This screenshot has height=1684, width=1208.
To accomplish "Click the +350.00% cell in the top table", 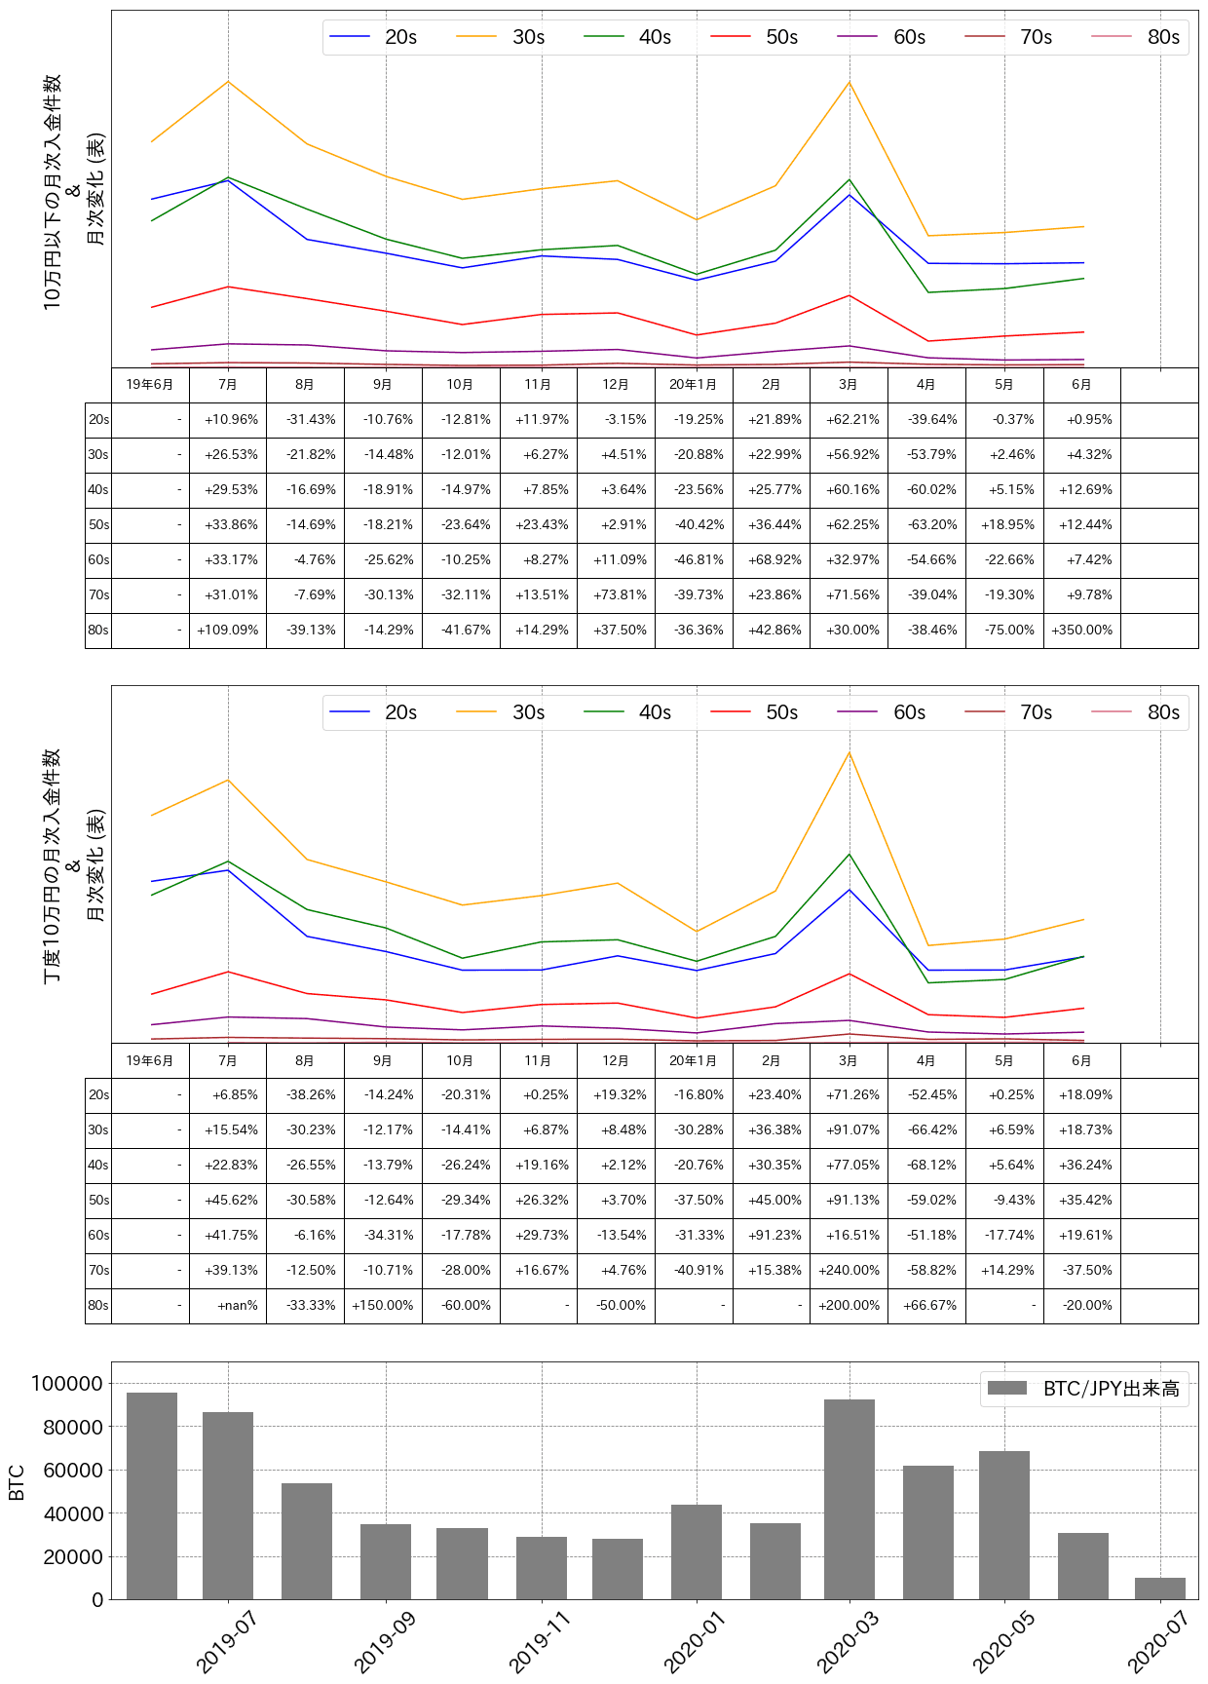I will [1081, 631].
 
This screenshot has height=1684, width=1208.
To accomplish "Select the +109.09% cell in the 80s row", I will [228, 631].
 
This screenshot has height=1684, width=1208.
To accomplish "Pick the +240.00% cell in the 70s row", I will [849, 1271].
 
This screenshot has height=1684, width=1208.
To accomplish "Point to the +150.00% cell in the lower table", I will [383, 1306].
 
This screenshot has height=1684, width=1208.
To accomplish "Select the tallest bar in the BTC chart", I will [152, 1496].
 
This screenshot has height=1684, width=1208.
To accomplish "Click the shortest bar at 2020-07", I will [1159, 1588].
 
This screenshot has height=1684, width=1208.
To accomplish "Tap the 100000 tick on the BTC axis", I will [67, 1384].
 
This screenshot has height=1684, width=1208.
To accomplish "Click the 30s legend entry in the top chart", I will [501, 37].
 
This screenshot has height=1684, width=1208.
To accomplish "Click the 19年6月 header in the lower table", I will [150, 1061].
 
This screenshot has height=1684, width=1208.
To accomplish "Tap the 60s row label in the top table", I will [98, 560].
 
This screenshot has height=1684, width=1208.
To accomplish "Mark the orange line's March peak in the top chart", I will [849, 82].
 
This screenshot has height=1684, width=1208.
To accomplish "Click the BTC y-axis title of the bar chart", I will [17, 1481].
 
